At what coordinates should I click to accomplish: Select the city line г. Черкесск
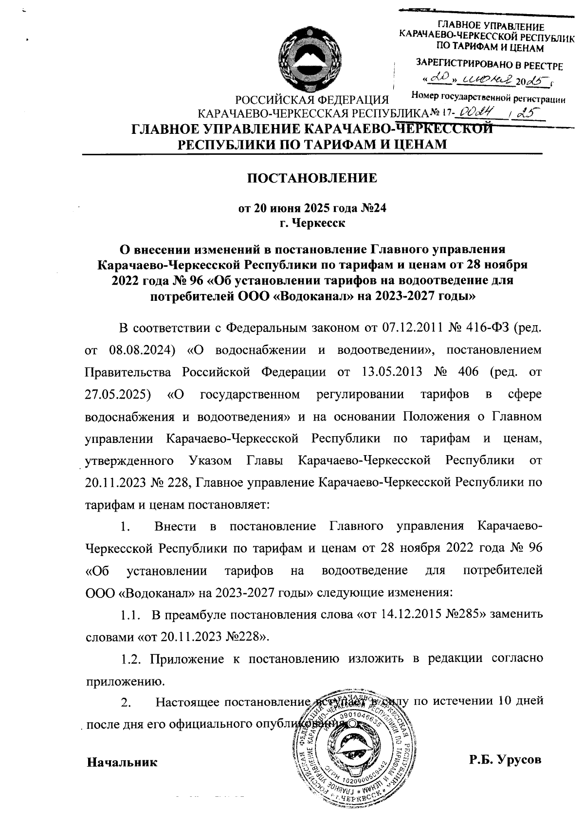(312, 223)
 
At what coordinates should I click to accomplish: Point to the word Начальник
(122, 762)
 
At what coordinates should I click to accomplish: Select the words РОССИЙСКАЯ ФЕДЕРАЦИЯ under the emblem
(311, 101)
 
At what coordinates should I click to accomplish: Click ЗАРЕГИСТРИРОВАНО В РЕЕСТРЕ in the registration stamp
(489, 65)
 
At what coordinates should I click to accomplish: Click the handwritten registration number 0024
(479, 113)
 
